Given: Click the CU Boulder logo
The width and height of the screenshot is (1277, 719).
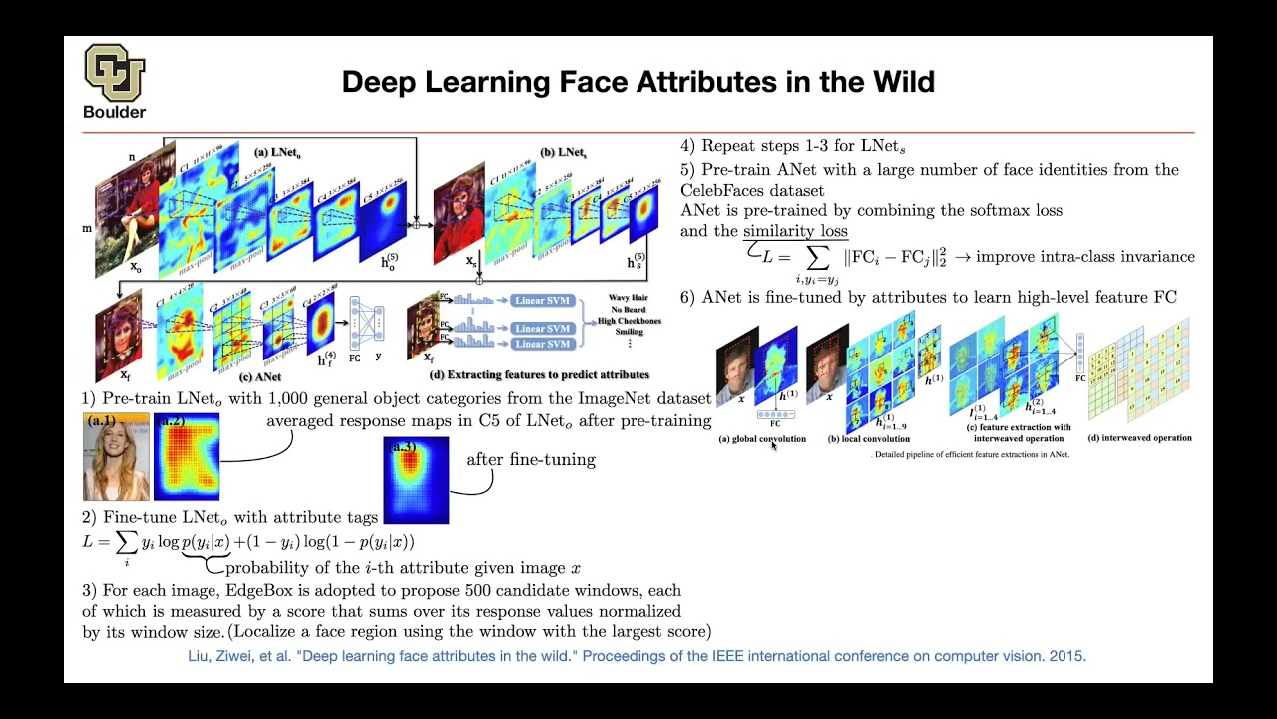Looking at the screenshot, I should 114,80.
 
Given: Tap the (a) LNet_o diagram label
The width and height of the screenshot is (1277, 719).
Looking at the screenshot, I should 277,153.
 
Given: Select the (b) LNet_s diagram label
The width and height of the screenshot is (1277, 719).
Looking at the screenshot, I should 564,153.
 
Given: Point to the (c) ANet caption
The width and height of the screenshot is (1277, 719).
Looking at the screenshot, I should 259,377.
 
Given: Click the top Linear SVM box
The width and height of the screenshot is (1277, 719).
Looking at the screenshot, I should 543,300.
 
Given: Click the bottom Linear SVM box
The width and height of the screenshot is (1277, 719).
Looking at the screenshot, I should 543,344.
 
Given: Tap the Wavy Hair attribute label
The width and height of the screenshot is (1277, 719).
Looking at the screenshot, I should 629,298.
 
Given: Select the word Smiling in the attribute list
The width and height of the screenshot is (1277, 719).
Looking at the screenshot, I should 629,332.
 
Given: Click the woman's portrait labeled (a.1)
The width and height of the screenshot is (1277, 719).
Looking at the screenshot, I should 116,457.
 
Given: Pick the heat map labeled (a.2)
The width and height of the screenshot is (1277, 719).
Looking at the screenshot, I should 187,457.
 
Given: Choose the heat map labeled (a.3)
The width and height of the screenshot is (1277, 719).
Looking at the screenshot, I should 416,481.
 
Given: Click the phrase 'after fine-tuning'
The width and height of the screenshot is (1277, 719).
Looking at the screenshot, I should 531,460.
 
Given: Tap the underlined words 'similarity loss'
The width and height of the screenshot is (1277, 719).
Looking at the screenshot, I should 795,231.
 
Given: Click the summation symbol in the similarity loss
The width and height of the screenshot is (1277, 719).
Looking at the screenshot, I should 816,258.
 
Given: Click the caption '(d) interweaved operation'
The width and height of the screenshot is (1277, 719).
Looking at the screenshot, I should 1140,438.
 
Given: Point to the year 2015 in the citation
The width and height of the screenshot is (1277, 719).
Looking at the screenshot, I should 1066,656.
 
